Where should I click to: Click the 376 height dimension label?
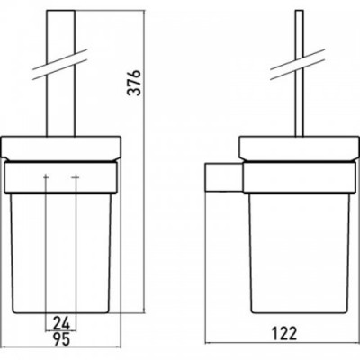[133, 83]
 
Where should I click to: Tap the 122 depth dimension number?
[284, 333]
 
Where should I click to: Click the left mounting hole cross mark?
[46, 177]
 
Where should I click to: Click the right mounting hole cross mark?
[76, 177]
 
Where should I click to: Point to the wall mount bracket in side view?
[224, 176]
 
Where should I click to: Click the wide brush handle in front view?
[61, 74]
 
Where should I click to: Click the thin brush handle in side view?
[300, 74]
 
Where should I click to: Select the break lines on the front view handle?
[59, 65]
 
